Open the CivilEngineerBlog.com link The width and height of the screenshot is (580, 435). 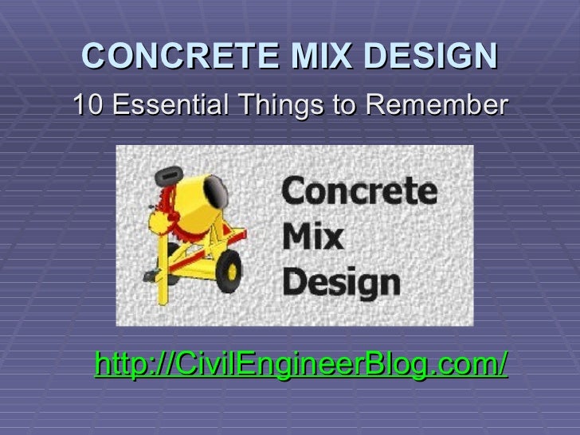coord(300,366)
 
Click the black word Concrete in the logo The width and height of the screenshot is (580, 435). coord(359,192)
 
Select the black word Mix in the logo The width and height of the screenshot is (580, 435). coord(312,237)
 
